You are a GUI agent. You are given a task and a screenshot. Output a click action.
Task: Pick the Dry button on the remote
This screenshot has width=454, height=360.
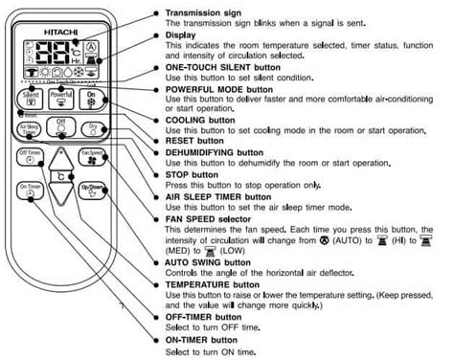[93, 130]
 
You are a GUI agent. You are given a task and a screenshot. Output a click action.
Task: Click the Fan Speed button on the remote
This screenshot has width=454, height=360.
[92, 157]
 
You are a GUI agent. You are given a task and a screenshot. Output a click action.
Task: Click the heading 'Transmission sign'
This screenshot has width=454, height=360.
[200, 12]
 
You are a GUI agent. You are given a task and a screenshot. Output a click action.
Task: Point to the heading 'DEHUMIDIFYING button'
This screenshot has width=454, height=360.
[216, 151]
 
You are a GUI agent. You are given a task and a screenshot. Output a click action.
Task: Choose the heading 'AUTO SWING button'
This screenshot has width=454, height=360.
[204, 262]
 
